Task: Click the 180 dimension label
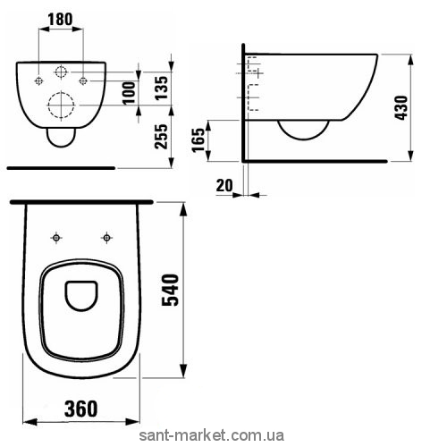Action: tap(60, 20)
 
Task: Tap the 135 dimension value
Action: tap(161, 89)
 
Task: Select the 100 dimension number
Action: tap(129, 93)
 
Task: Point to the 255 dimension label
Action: tap(161, 136)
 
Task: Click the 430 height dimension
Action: tap(401, 108)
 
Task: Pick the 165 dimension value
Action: tap(198, 140)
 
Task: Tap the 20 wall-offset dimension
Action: tap(224, 185)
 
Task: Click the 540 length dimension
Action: tap(170, 290)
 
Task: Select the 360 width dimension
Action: tap(80, 409)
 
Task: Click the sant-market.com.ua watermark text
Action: tap(212, 435)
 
